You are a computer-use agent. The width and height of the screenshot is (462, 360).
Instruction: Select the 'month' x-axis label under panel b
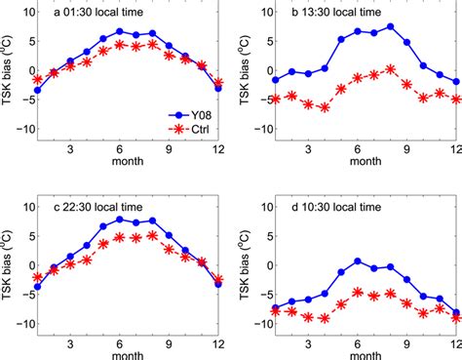click(x=347, y=168)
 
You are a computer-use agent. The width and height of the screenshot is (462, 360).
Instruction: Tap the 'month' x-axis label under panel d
click(x=347, y=349)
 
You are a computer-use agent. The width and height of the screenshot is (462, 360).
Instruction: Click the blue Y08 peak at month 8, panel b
click(x=390, y=26)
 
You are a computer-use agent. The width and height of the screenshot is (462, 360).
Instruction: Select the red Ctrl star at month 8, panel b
click(x=390, y=68)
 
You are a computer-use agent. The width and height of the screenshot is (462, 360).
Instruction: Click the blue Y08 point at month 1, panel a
click(x=37, y=90)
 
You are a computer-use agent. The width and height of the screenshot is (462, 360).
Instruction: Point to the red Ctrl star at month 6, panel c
click(x=119, y=237)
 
